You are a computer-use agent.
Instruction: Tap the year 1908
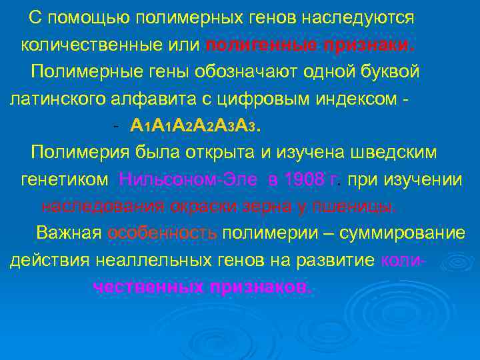tap(301, 180)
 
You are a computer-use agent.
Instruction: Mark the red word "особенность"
tap(162, 233)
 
